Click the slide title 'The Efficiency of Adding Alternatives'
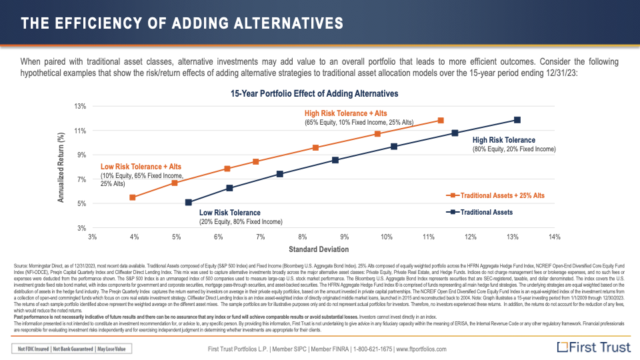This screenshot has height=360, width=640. click(182, 24)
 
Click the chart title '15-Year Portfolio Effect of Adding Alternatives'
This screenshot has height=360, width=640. click(314, 93)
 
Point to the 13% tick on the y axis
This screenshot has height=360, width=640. click(81, 107)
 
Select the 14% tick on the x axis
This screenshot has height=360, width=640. click(554, 237)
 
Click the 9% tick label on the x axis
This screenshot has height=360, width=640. click(344, 237)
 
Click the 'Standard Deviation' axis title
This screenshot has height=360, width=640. click(319, 249)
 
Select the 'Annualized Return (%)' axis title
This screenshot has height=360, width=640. click(61, 167)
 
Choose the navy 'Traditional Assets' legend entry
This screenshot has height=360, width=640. click(487, 212)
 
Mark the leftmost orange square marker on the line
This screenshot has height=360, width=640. click(133, 197)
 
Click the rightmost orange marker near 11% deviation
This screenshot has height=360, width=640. click(441, 121)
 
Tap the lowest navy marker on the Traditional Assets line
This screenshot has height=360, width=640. click(189, 203)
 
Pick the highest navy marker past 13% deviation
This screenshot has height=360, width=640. click(517, 120)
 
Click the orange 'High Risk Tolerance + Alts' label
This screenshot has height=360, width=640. click(345, 113)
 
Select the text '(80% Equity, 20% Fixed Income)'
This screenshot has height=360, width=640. click(513, 149)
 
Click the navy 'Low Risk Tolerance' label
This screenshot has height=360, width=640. click(230, 213)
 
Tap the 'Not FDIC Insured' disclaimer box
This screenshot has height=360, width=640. click(33, 348)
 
